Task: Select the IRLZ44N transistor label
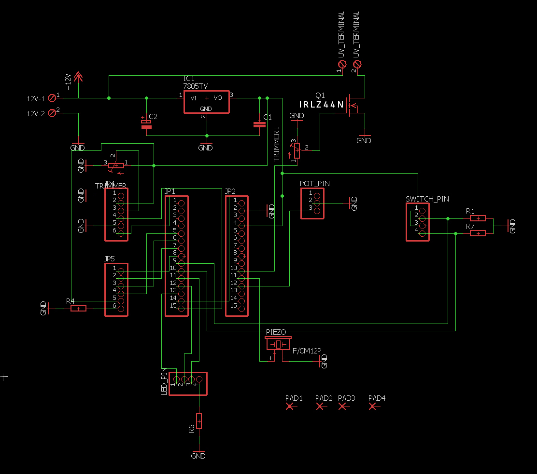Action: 321,105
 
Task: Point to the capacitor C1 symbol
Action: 259,124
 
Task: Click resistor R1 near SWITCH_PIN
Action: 478,218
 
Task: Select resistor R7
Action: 478,233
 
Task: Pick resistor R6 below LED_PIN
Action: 198,421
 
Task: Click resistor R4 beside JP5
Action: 78,308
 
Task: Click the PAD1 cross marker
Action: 290,406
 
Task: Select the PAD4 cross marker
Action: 372,406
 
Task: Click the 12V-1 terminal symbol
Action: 53,98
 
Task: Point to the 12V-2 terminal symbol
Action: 53,113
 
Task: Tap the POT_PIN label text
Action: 315,184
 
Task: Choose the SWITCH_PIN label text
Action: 427,199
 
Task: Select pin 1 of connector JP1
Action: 181,200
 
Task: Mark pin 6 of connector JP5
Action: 121,306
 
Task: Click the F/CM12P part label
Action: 307,351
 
